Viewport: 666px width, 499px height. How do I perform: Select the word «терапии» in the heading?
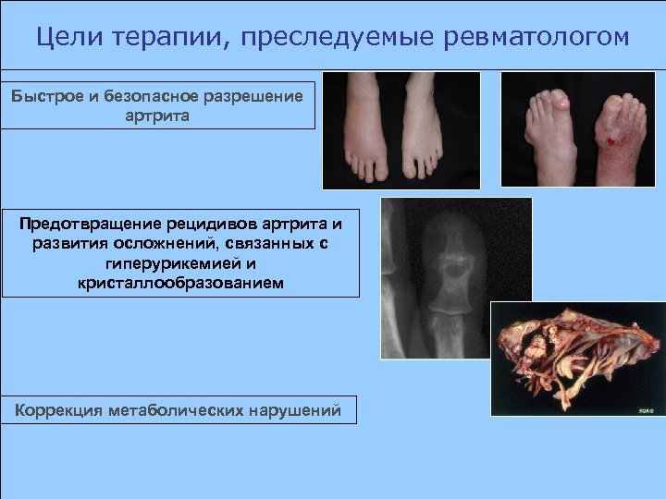pos(163,37)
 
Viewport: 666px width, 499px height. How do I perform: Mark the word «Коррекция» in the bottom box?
pos(59,410)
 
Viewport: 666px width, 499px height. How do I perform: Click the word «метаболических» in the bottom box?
pos(176,410)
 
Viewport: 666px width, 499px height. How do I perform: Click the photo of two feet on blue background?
pos(401,129)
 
